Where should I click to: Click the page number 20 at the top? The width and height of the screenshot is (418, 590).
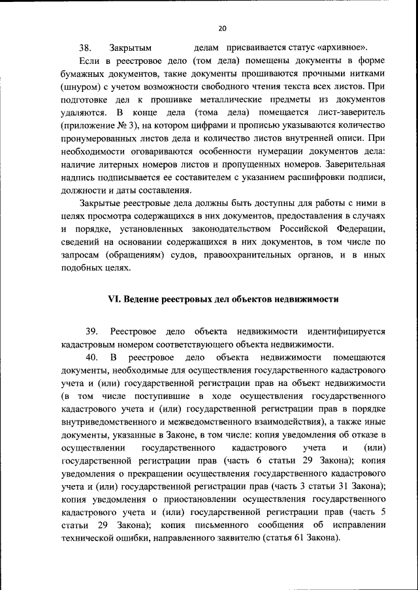222,28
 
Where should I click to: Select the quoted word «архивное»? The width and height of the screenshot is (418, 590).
343,48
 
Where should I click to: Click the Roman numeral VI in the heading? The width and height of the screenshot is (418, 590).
113,299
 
